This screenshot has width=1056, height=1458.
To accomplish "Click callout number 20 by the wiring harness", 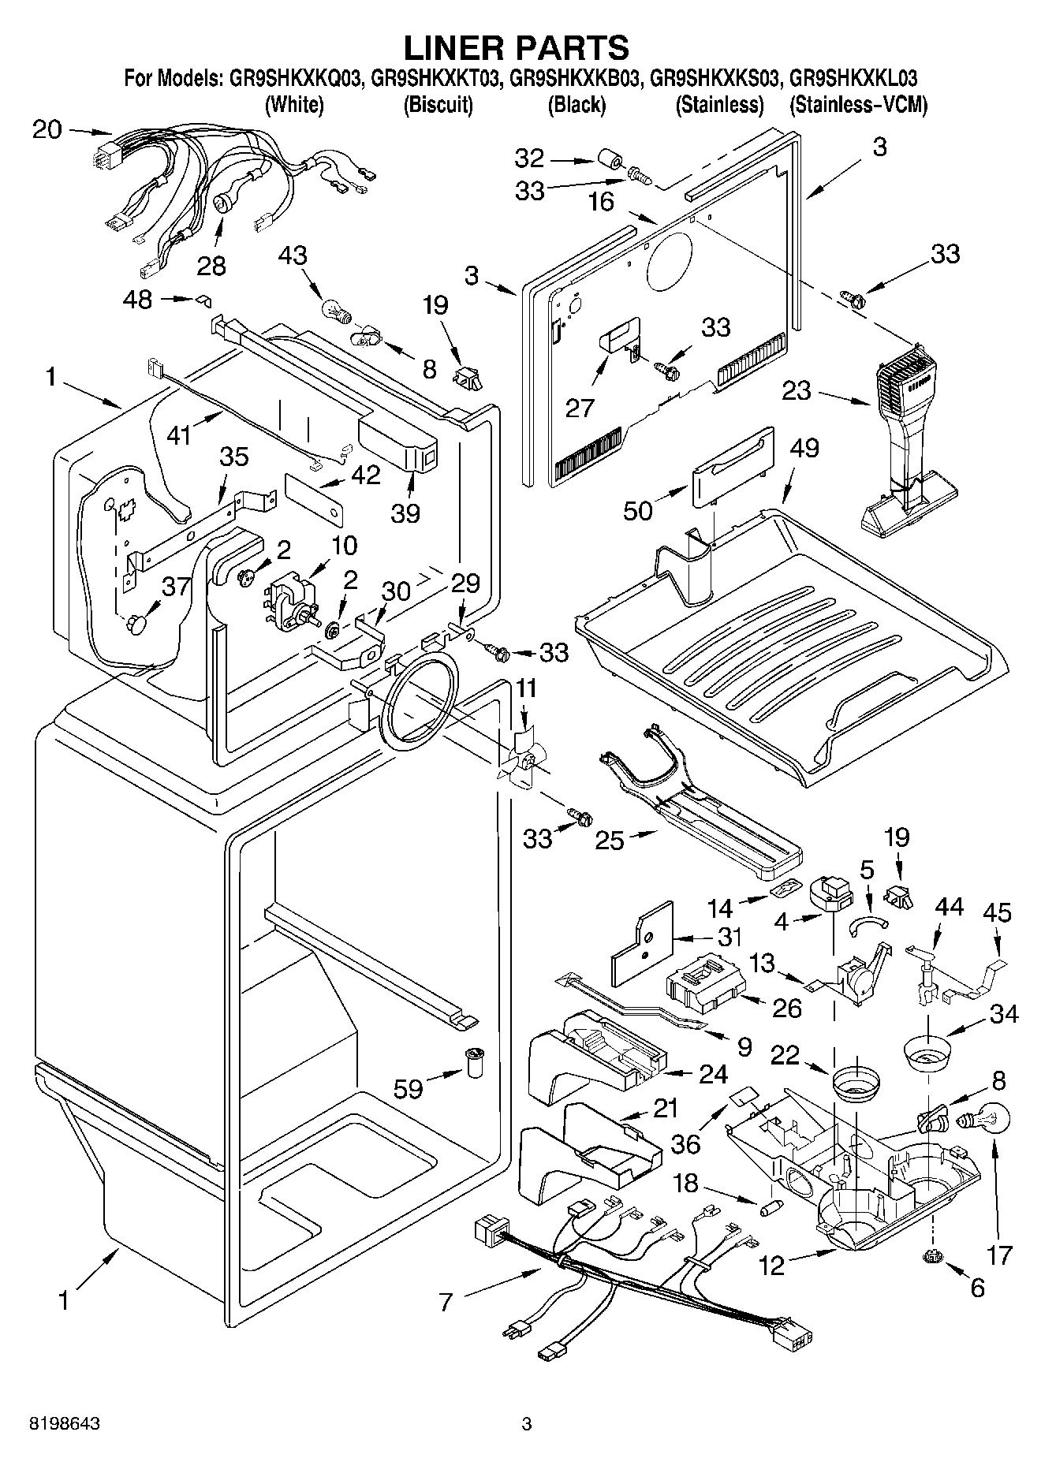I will coord(47,129).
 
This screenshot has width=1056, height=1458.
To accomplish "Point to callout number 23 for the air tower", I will coord(797,390).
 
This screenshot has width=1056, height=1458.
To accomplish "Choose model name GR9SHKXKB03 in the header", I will coord(575,79).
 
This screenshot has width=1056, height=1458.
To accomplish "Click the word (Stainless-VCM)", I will coord(858,105).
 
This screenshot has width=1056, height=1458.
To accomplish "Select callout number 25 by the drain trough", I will coord(610,840).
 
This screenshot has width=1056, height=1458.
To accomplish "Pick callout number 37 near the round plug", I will coord(175,585).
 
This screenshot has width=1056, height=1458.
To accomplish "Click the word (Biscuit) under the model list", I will coord(438,105).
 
